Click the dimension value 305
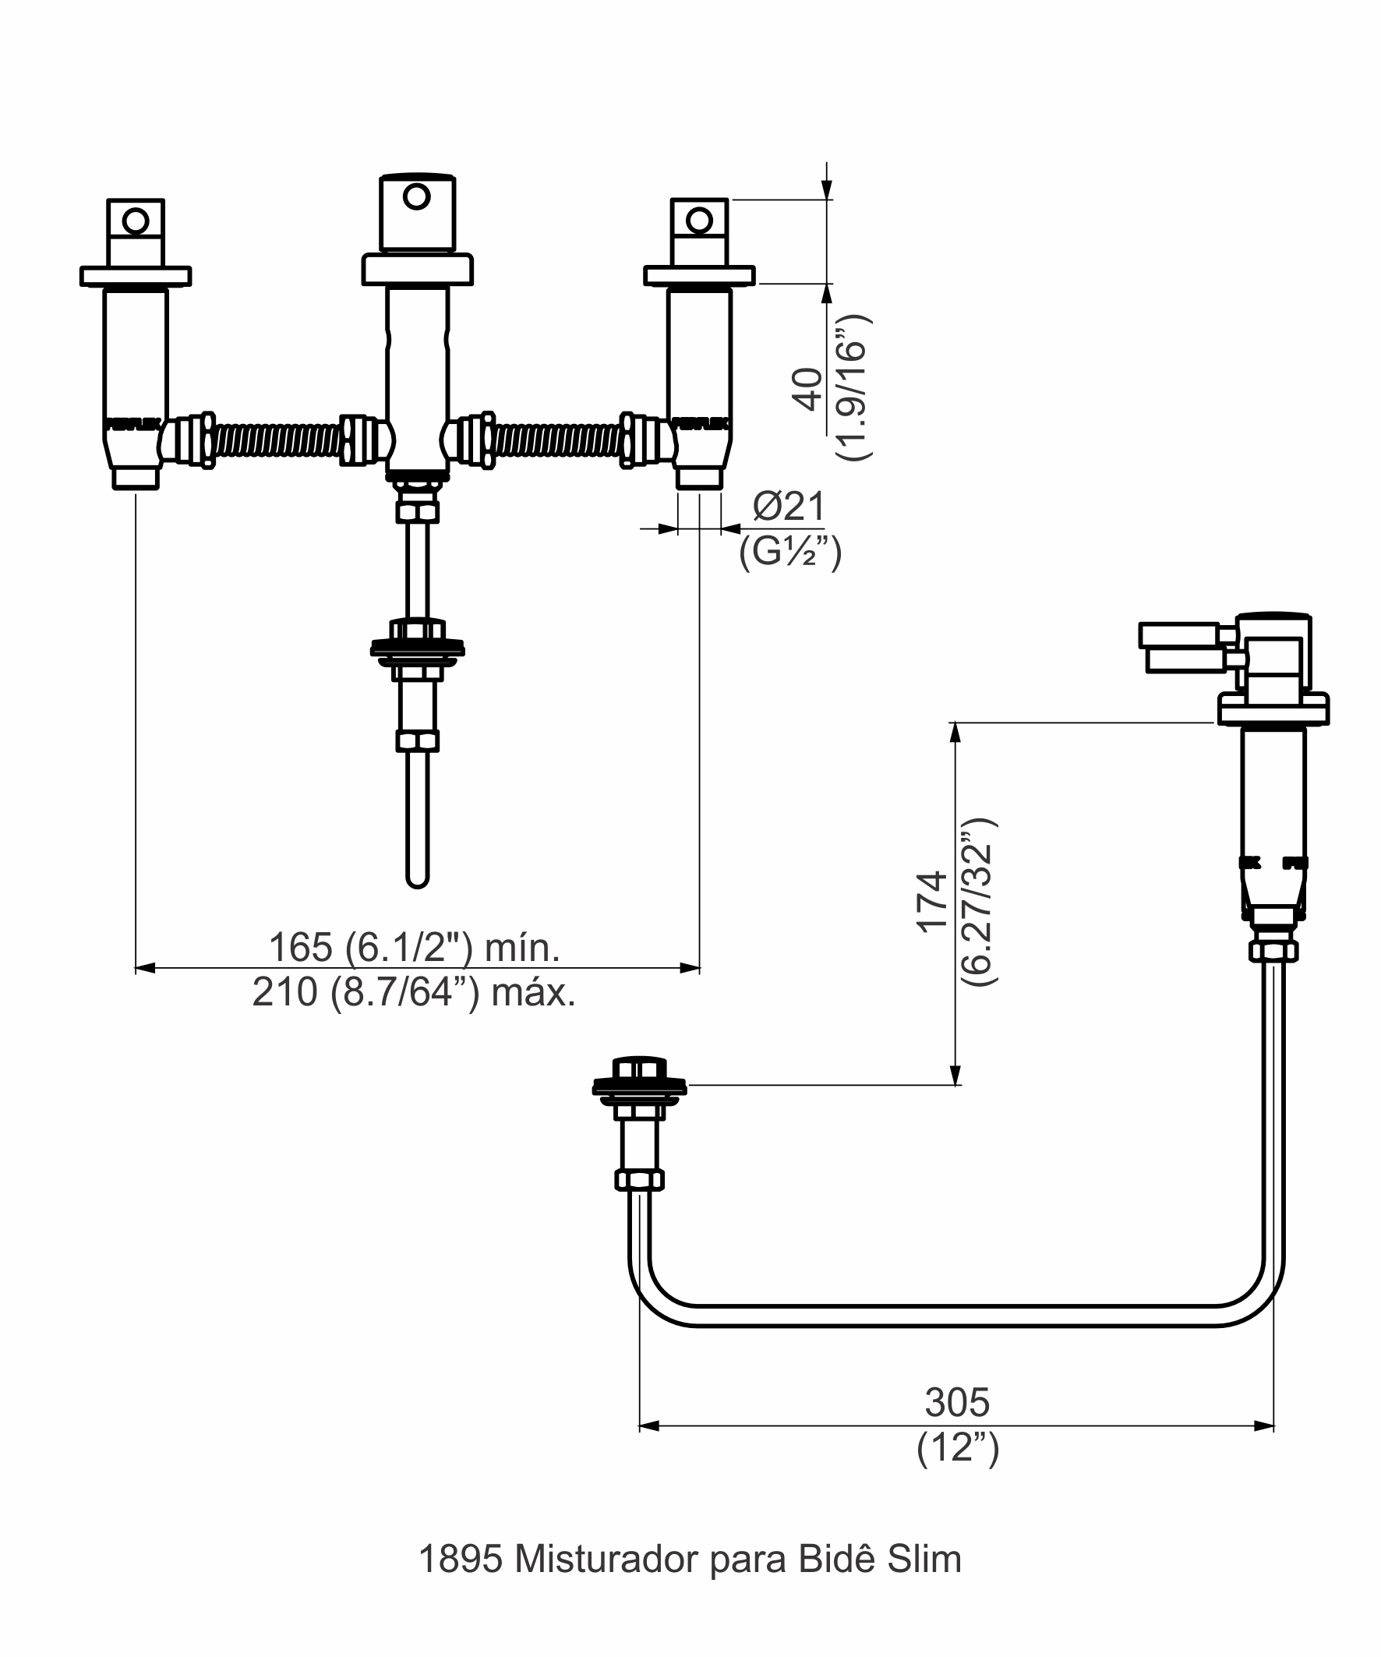point(956,1402)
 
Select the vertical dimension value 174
point(931,901)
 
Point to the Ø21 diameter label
point(789,506)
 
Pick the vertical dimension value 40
point(807,388)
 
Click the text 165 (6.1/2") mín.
point(415,947)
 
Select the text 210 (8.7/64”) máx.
point(415,993)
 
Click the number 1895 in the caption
point(460,1559)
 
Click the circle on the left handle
point(136,221)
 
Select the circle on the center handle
point(417,195)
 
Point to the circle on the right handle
point(699,220)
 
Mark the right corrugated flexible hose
point(557,440)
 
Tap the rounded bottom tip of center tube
point(417,881)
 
